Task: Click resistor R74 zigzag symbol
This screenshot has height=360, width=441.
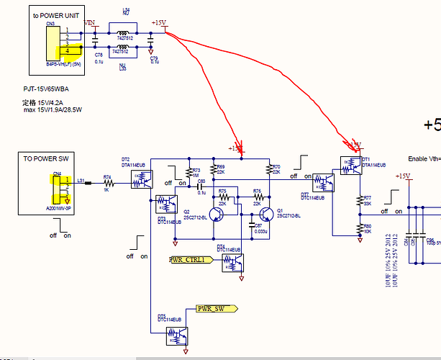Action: (107, 183)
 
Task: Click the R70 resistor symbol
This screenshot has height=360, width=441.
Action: (267, 171)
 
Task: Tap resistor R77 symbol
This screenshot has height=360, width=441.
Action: (358, 202)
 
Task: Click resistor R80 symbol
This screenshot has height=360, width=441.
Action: (358, 229)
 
